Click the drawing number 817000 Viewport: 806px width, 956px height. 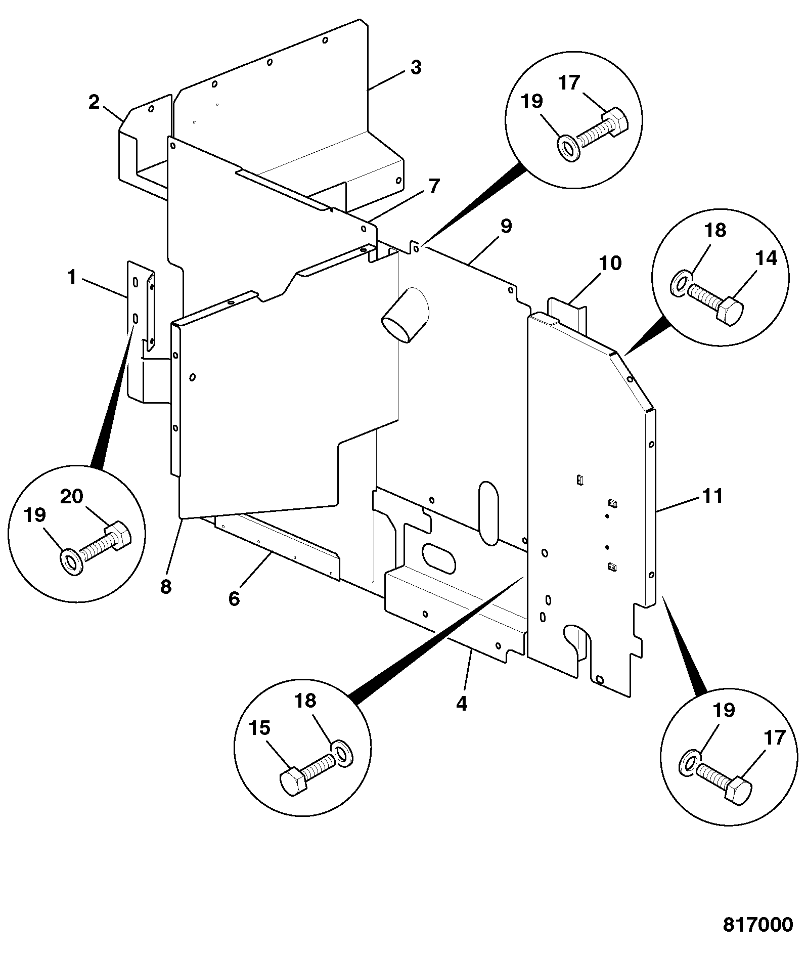pyautogui.click(x=758, y=925)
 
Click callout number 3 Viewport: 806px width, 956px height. pyautogui.click(x=416, y=67)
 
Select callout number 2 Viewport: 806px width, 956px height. pyautogui.click(x=94, y=102)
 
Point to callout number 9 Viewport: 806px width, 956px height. pyautogui.click(x=506, y=226)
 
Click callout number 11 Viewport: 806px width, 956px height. pyautogui.click(x=713, y=496)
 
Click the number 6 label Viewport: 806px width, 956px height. pyautogui.click(x=234, y=599)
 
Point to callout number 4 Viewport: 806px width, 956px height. pyautogui.click(x=462, y=704)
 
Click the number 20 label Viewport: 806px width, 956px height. pyautogui.click(x=72, y=496)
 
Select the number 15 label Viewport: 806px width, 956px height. pyautogui.click(x=259, y=728)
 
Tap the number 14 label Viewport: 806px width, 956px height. pyautogui.click(x=766, y=258)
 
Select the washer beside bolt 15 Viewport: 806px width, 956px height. pyautogui.click(x=343, y=754)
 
